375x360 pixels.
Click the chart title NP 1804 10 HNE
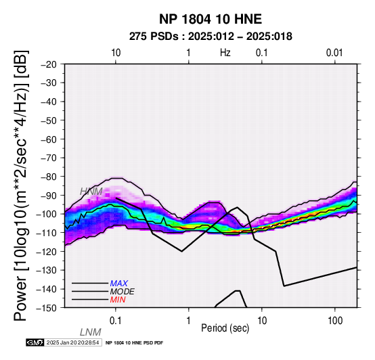[211, 19]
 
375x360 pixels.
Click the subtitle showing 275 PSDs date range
[211, 37]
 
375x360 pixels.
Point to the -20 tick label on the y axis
[49, 64]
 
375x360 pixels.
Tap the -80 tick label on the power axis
[49, 177]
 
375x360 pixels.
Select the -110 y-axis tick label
[47, 233]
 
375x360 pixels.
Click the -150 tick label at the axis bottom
[47, 308]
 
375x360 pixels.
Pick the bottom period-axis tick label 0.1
[116, 321]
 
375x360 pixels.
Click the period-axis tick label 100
[335, 321]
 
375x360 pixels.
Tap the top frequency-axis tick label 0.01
[334, 53]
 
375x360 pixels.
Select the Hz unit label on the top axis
[225, 53]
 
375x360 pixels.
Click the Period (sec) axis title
[225, 328]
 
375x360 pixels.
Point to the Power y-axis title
[21, 185]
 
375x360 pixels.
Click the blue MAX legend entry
[119, 284]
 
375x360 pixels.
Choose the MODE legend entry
[123, 292]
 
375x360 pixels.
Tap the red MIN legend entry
[118, 300]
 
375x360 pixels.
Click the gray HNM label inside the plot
[91, 192]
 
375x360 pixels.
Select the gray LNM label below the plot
[91, 332]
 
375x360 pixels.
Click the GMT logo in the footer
[35, 342]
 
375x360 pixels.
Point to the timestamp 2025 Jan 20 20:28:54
[72, 342]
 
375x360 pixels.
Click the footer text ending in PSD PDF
[135, 343]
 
